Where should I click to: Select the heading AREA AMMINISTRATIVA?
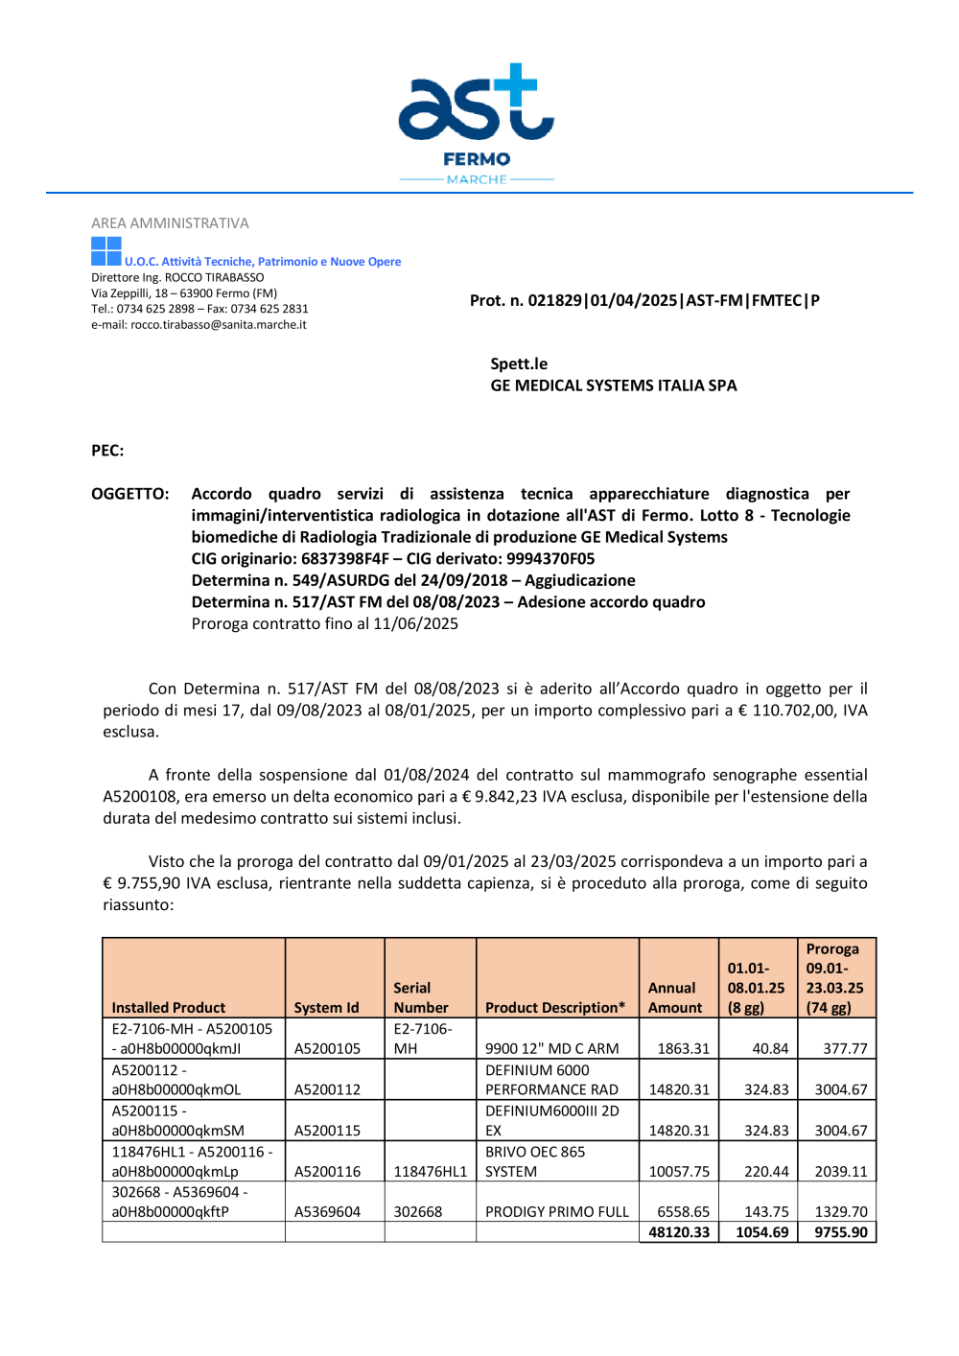170,223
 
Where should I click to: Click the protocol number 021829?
555,301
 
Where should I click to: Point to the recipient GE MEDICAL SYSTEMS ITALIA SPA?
614,386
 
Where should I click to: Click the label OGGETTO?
130,494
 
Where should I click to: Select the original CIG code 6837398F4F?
345,559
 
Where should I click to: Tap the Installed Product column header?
169,1008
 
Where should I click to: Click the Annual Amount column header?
675,998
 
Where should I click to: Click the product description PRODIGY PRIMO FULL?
557,1212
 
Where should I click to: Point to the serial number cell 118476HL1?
431,1172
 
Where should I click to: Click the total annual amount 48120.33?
679,1233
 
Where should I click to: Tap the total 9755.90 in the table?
841,1233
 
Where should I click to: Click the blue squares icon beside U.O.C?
106,252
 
